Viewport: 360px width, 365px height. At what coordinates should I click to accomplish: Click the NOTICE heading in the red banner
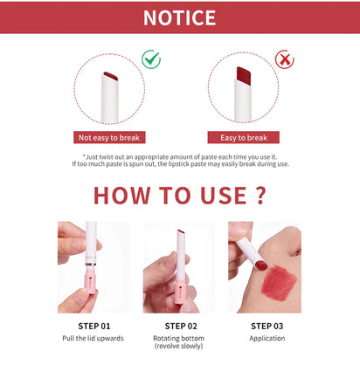click(179, 17)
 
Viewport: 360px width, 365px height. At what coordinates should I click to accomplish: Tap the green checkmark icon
click(151, 59)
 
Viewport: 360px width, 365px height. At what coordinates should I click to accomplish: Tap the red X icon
click(283, 59)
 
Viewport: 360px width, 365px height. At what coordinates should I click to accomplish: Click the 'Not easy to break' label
click(110, 137)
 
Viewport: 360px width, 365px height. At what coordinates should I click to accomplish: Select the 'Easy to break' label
click(243, 137)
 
